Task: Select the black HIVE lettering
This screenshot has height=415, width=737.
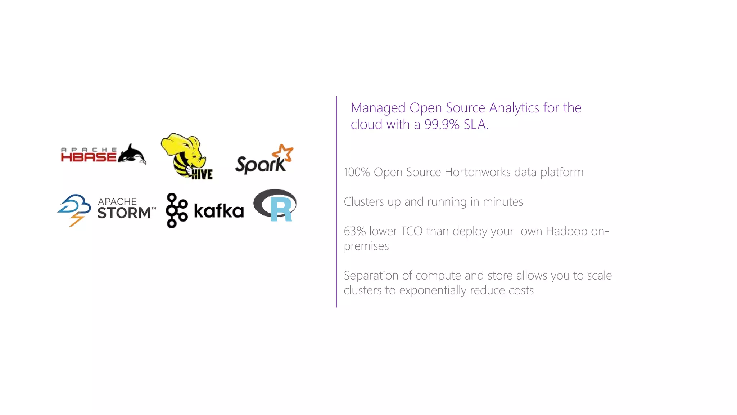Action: point(202,174)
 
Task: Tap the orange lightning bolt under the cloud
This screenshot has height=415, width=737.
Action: point(76,219)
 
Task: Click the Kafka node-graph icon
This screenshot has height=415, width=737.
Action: point(176,210)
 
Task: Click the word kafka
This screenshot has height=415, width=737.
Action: point(219,211)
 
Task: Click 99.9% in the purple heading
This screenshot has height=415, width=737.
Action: point(442,125)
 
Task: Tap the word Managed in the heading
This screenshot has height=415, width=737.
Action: point(378,108)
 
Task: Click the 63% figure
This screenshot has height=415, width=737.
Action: point(355,231)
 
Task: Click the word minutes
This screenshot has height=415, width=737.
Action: point(503,202)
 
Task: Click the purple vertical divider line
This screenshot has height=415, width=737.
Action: point(336,202)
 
